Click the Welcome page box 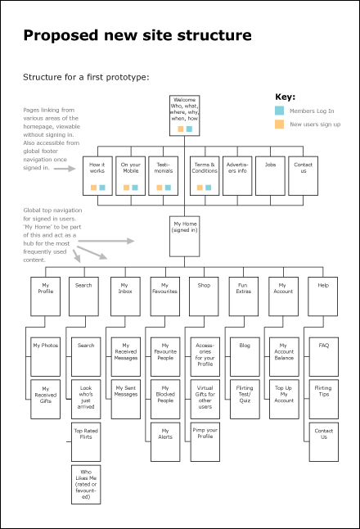(184, 115)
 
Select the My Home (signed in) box (184, 237)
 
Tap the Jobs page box (270, 176)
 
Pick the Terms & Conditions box (205, 176)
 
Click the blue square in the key (280, 111)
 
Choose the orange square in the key (280, 124)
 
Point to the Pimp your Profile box (205, 442)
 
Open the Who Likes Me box (86, 485)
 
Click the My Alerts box (165, 442)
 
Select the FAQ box (324, 356)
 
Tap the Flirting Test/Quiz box (245, 400)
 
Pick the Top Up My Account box (284, 400)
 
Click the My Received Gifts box (46, 400)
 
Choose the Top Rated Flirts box (86, 442)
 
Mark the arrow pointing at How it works (65, 169)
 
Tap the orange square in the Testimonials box (160, 188)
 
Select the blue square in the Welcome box (190, 129)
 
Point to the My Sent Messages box (126, 400)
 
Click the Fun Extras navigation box (244, 296)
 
